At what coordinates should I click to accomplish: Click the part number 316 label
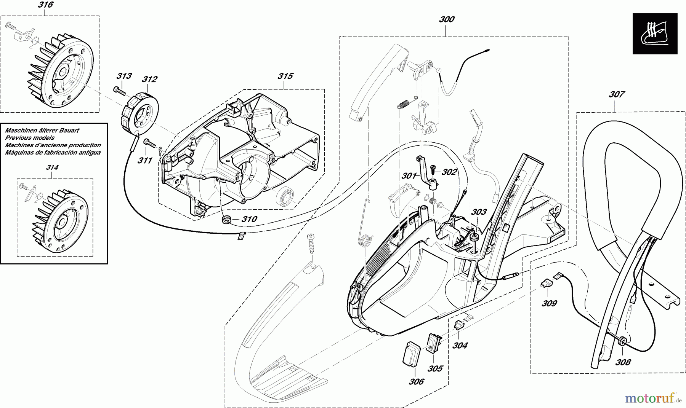[x=45, y=5]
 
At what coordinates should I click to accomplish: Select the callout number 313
[x=124, y=76]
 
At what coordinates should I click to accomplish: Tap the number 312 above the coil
[x=149, y=79]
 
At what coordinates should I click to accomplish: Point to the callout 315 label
[x=285, y=76]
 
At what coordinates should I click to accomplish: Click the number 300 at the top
[x=447, y=19]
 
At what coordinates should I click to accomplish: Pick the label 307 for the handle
[x=617, y=94]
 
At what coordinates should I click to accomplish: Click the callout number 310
[x=249, y=219]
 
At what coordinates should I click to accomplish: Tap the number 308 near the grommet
[x=623, y=362]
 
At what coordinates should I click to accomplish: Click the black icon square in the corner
[x=655, y=33]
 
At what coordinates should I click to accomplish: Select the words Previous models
[x=30, y=138]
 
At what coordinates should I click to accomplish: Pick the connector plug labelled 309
[x=546, y=283]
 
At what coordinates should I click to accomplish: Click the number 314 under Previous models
[x=52, y=167]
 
